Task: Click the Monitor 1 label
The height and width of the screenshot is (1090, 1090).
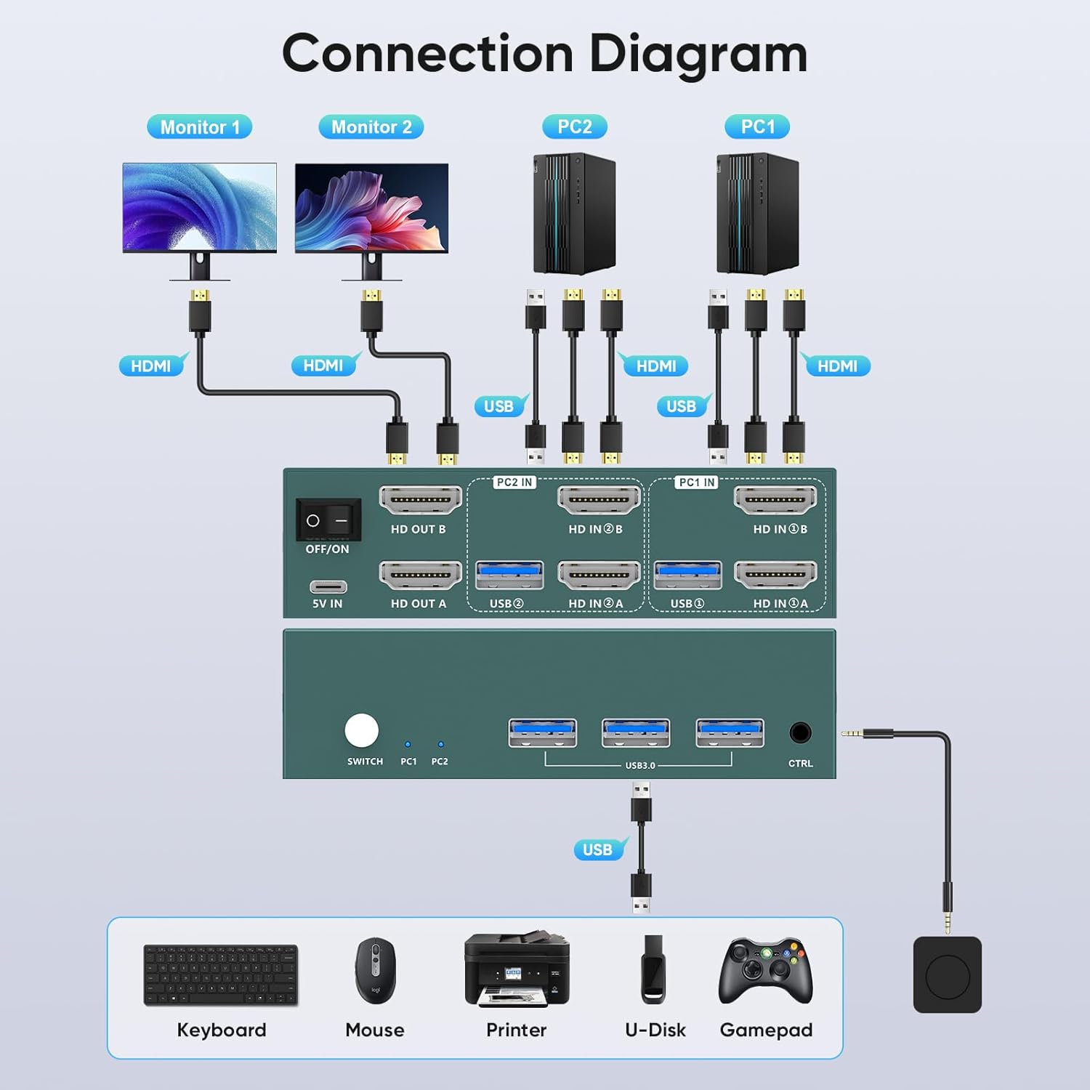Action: coord(200,127)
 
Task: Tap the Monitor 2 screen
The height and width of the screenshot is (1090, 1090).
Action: coord(371,208)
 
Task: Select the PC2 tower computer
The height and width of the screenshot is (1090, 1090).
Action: coord(574,214)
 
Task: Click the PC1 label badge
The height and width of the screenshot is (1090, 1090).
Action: coord(757,127)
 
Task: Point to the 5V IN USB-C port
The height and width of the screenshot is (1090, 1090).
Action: coord(328,586)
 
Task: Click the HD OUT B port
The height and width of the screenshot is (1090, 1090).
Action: coord(421,500)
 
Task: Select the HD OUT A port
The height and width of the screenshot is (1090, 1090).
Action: coord(421,575)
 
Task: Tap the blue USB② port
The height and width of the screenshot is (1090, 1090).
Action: coord(509,575)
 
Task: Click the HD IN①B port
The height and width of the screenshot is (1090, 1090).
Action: coord(775,500)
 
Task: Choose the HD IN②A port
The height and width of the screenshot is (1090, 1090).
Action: coord(599,575)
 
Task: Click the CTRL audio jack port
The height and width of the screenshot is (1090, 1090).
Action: coord(800,732)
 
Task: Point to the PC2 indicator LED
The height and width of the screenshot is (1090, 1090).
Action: coord(440,744)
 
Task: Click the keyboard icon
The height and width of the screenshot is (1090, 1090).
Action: coord(221,975)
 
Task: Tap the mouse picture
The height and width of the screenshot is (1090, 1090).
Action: coord(375,971)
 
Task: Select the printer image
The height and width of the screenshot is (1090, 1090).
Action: coord(517,969)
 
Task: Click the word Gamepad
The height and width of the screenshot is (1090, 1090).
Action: coord(766,1030)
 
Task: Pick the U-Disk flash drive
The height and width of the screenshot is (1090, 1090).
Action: coord(653,969)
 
